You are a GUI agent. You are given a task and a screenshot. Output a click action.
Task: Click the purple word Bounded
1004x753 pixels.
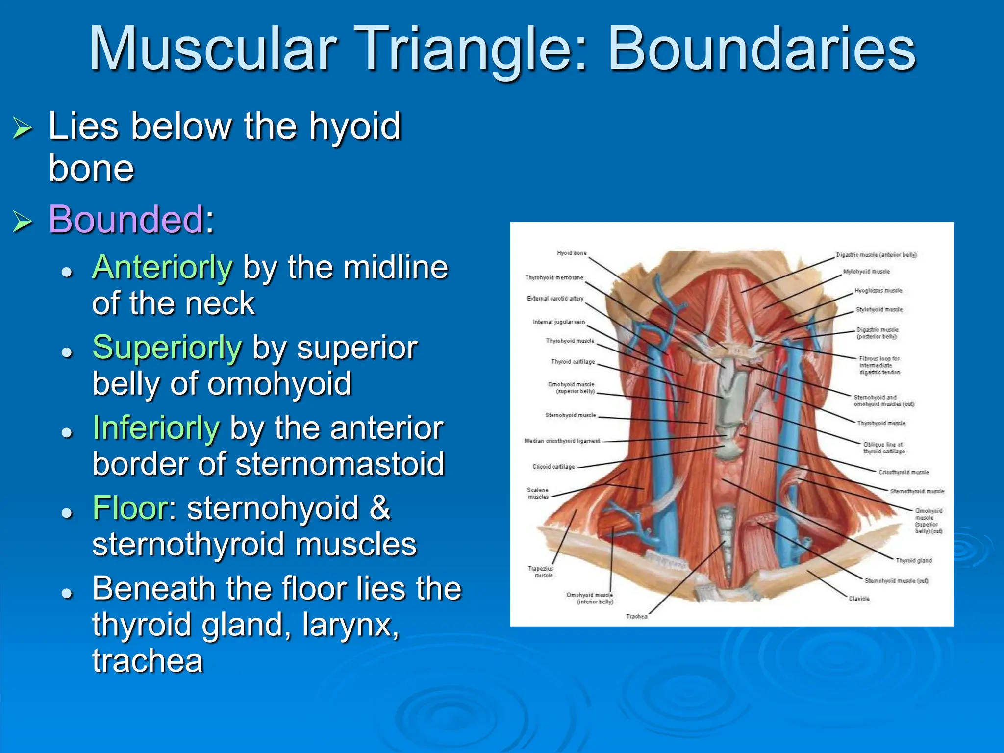tap(125, 219)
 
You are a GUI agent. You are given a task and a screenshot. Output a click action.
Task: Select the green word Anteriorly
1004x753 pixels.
tap(162, 268)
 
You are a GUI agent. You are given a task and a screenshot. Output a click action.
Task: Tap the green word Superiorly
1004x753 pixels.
tap(167, 348)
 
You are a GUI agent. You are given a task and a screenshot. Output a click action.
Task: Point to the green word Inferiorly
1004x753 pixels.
tap(156, 428)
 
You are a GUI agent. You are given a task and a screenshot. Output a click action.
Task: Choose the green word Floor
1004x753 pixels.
tap(130, 508)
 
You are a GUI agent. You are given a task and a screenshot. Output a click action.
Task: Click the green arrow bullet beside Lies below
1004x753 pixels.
tap(23, 128)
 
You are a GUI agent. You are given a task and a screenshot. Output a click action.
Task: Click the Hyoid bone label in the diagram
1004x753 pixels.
tap(572, 253)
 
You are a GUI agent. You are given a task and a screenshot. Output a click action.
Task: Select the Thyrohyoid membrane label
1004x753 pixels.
tap(554, 277)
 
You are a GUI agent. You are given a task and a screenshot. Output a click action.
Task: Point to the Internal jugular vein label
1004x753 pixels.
tap(559, 322)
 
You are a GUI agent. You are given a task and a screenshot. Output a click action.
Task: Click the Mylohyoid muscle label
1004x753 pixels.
tap(866, 272)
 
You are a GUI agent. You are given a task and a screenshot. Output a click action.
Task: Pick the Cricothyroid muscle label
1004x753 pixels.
tap(904, 472)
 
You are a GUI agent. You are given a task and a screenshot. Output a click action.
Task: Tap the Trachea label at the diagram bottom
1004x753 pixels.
tap(636, 616)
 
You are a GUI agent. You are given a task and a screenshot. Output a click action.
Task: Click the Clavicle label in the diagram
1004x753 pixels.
tap(859, 599)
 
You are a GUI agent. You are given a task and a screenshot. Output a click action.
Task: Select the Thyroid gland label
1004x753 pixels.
tap(913, 560)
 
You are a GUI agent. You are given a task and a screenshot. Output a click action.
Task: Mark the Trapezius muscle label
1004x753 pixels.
tap(540, 572)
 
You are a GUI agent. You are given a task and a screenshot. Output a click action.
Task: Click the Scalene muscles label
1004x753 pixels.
tap(538, 493)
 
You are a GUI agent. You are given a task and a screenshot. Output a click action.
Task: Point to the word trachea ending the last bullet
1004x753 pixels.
tap(148, 661)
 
